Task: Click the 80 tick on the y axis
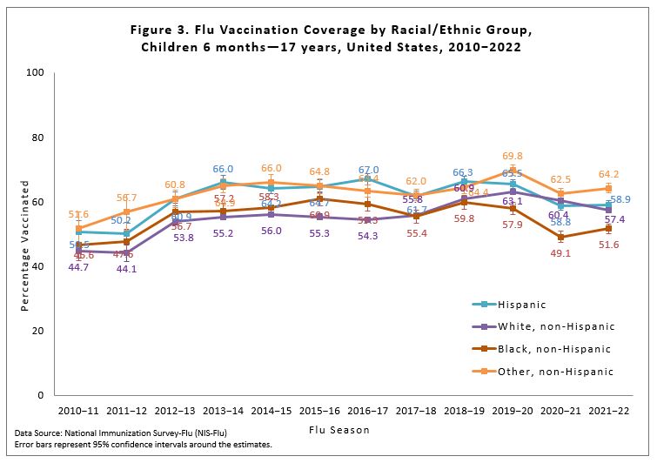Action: pyautogui.click(x=38, y=138)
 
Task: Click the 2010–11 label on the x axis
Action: pyautogui.click(x=79, y=409)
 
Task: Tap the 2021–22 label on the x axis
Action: pyautogui.click(x=609, y=409)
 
